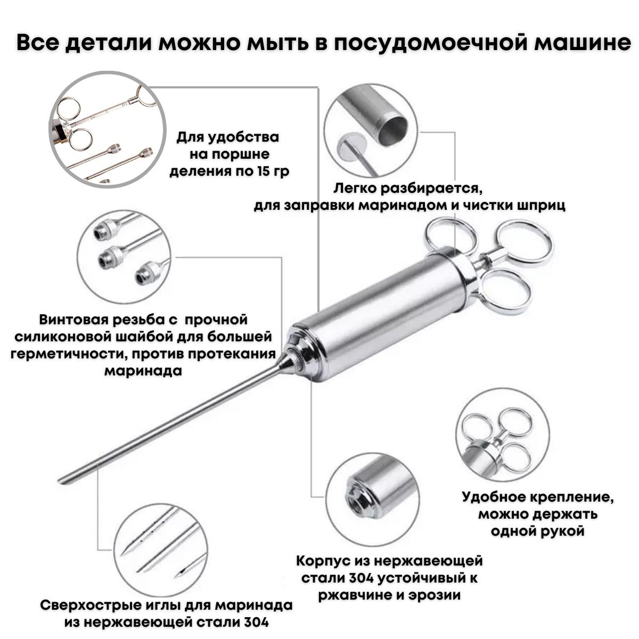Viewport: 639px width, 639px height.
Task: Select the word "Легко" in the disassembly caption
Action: tap(355, 189)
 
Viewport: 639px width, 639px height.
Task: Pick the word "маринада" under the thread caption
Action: tap(143, 371)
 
